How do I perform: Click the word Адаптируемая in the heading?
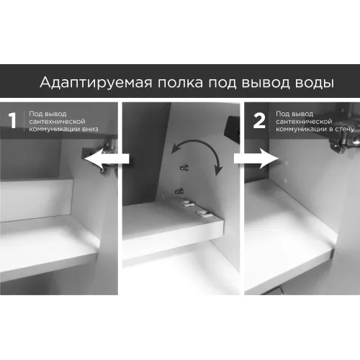(96, 83)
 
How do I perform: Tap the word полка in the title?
(180, 83)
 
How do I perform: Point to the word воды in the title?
(314, 83)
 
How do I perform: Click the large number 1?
(12, 121)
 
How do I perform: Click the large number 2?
(259, 121)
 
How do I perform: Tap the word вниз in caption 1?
(90, 129)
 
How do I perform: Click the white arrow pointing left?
(107, 158)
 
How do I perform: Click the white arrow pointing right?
(256, 158)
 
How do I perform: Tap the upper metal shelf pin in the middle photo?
(184, 168)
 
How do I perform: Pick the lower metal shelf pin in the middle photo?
(179, 192)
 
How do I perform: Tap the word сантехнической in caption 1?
(57, 122)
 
